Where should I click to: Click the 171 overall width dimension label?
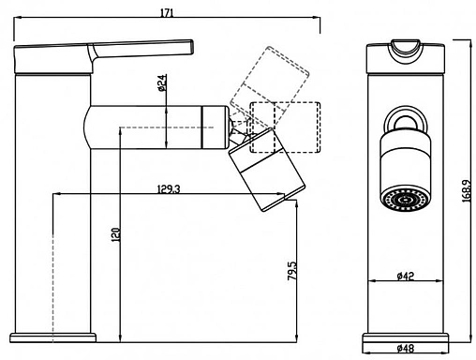click(x=167, y=13)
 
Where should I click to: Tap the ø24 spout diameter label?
click(x=162, y=82)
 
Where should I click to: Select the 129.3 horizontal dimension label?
click(x=169, y=188)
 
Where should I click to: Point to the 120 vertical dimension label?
click(x=115, y=234)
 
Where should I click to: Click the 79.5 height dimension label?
click(x=292, y=271)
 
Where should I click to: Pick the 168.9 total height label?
click(x=467, y=190)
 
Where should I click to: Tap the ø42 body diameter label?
click(x=406, y=276)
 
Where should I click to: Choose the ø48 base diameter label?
click(x=406, y=348)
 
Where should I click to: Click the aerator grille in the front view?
click(x=406, y=200)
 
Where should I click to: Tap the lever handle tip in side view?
click(x=190, y=48)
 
